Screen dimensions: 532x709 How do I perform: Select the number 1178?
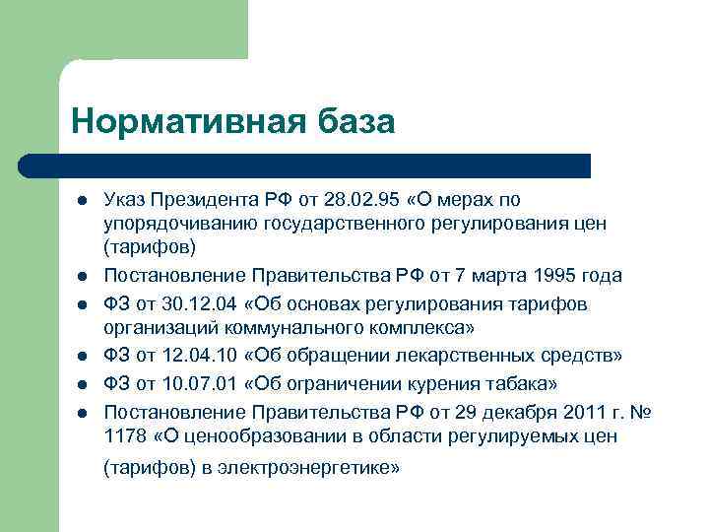124,435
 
